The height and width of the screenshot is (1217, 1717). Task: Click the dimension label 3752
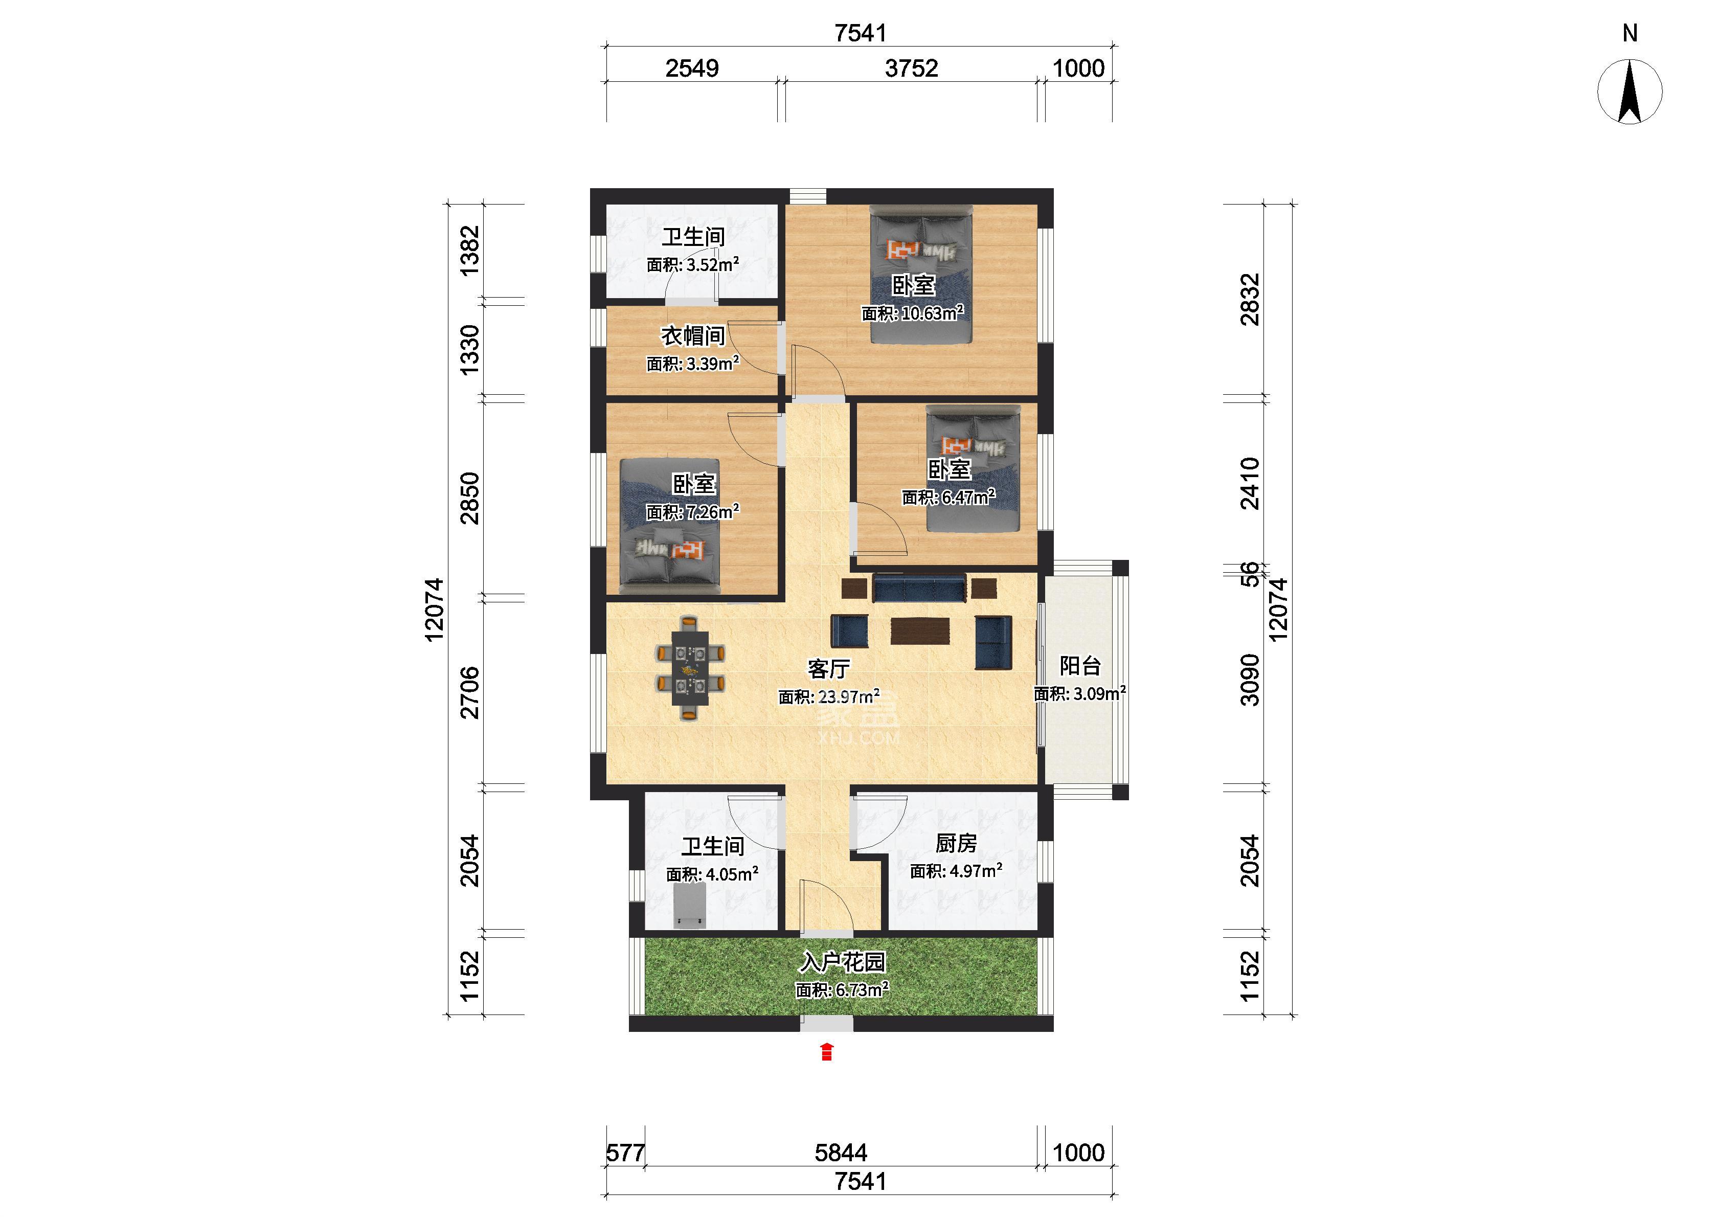pyautogui.click(x=911, y=68)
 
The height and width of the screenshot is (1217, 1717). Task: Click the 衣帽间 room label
pyautogui.click(x=693, y=336)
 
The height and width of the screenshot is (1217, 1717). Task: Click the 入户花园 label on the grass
pyautogui.click(x=843, y=961)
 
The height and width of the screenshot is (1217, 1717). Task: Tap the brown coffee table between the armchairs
pyautogui.click(x=920, y=630)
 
